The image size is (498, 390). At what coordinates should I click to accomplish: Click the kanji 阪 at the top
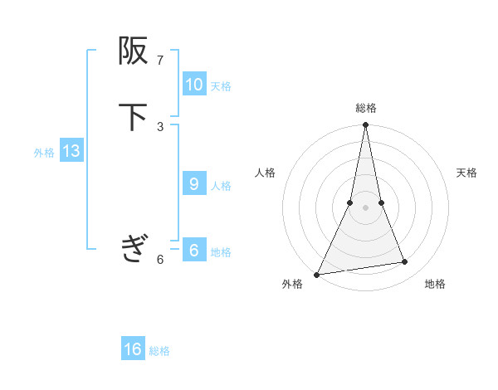coord(133,52)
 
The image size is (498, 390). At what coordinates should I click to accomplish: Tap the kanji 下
coord(133,117)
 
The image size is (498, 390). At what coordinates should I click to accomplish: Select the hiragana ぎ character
coord(133,247)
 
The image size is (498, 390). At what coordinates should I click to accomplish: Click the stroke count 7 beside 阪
coord(160,61)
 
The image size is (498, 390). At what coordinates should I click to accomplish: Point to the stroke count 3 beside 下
coord(160,126)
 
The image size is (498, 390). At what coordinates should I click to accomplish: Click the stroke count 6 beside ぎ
coord(160,260)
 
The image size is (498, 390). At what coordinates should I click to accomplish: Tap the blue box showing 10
coord(193,85)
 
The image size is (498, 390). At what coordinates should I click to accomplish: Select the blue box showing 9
coord(193,184)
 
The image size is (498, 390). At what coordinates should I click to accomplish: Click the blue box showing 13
coord(71,152)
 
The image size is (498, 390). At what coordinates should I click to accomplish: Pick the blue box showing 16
coord(133,350)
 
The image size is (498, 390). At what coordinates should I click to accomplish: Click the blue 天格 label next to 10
coord(221,86)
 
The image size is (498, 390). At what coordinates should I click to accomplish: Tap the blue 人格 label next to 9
coord(221,186)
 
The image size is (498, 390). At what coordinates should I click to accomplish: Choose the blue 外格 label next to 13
coord(44,153)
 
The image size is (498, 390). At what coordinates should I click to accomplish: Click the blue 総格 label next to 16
coord(159,352)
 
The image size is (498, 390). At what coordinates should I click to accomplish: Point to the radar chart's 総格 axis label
coord(365,108)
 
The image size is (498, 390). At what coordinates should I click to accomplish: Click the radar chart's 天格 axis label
coord(466,173)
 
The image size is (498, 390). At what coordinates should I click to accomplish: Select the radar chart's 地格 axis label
coord(435,284)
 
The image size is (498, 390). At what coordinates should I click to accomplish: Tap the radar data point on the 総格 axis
coord(365,125)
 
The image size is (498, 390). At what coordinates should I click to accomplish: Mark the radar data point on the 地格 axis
coord(405,262)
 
